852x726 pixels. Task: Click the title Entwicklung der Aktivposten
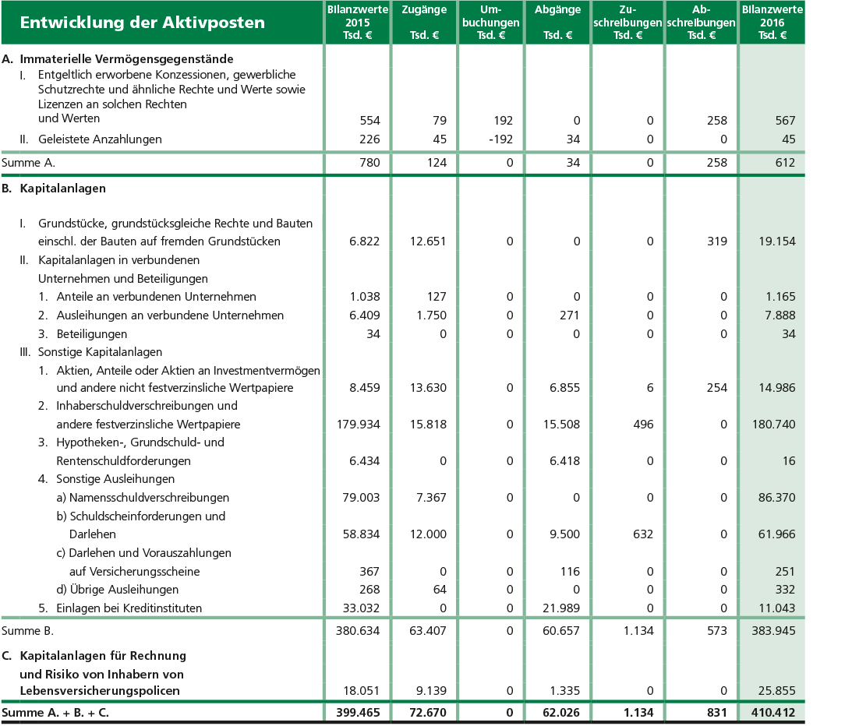click(143, 23)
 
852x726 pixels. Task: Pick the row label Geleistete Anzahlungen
click(100, 139)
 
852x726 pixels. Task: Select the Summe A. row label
click(29, 163)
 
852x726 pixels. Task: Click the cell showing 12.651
click(427, 241)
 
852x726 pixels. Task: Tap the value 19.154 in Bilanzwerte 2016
click(776, 241)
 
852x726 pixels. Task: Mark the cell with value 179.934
click(359, 425)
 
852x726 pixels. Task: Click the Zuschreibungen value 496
click(643, 425)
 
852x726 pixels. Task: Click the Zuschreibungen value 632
click(643, 534)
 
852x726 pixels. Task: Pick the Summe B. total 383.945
click(772, 630)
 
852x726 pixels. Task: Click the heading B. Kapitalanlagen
click(55, 189)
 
